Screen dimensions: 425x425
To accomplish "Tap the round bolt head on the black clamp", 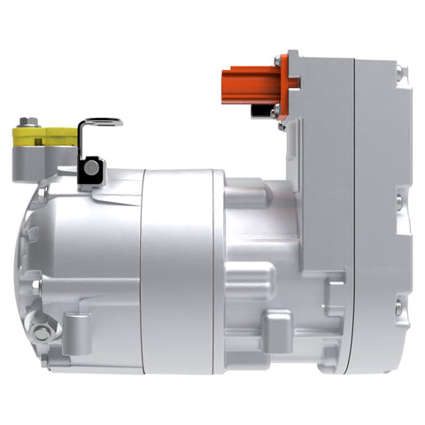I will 91,164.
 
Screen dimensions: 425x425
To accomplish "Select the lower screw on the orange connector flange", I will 277,110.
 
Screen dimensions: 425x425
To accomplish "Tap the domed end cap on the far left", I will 35,266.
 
